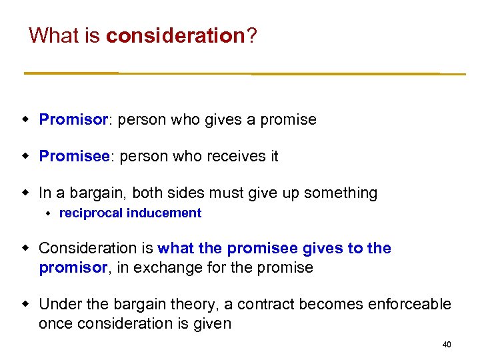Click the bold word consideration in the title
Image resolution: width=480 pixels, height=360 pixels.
point(175,35)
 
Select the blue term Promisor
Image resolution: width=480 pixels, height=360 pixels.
point(73,120)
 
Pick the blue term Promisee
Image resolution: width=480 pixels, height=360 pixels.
point(75,157)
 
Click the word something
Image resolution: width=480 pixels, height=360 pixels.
point(341,193)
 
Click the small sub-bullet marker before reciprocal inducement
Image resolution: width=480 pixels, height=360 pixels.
point(49,213)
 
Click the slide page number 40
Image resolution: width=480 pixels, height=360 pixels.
point(447,345)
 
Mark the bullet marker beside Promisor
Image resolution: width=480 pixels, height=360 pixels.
point(26,120)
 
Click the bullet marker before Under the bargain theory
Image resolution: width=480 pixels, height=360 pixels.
point(26,305)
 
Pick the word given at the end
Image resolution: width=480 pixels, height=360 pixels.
point(212,324)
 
